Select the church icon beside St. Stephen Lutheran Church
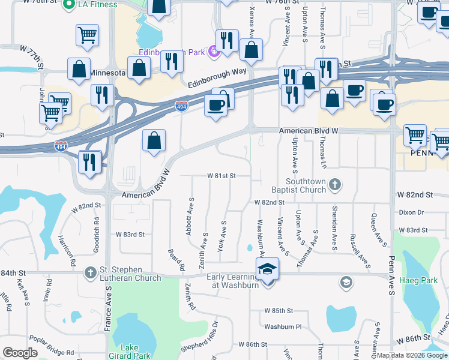(90, 272)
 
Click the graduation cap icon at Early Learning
(268, 269)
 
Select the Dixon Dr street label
(411, 212)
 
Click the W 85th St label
(279, 311)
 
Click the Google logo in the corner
(20, 353)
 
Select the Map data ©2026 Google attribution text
(412, 355)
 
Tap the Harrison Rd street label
(67, 251)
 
